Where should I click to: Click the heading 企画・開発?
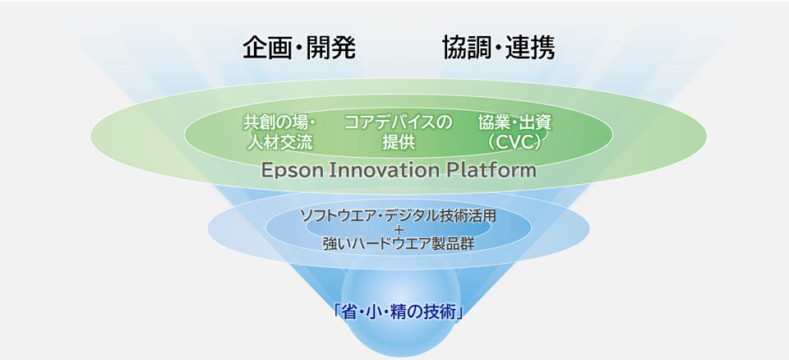pyautogui.click(x=299, y=48)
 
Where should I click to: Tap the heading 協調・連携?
pyautogui.click(x=499, y=48)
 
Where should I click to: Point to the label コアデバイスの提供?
pyautogui.click(x=398, y=133)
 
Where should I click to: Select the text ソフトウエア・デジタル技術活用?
pyautogui.click(x=398, y=216)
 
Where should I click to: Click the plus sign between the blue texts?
pyautogui.click(x=399, y=230)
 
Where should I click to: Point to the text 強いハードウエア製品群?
pyautogui.click(x=398, y=243)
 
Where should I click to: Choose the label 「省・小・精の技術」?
pyautogui.click(x=398, y=313)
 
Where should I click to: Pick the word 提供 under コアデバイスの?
pyautogui.click(x=398, y=143)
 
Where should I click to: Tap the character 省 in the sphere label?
pyautogui.click(x=350, y=313)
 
